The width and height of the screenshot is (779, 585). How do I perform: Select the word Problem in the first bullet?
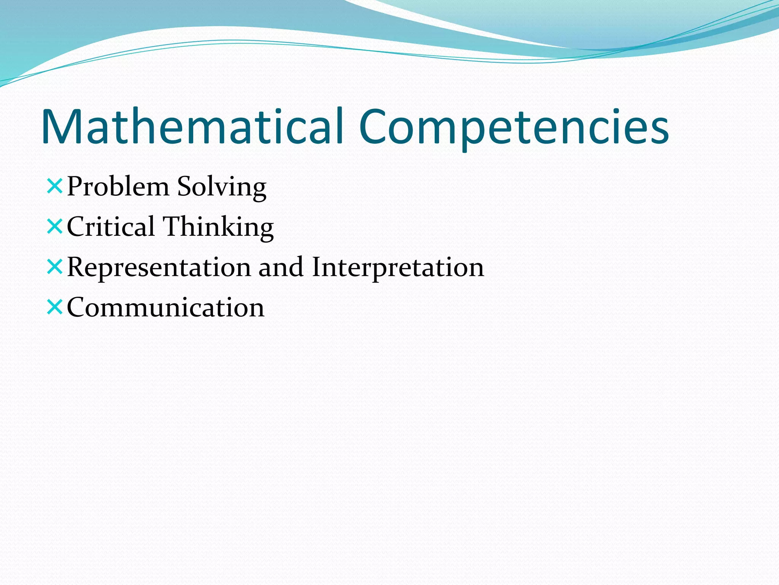point(118,187)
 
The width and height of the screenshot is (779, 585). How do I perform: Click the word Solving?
point(222,187)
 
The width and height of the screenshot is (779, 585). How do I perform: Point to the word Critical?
point(111,227)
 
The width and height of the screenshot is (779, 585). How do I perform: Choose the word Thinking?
point(218,227)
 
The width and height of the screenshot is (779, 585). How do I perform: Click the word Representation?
point(159,267)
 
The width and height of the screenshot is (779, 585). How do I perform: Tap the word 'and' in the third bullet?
point(281,267)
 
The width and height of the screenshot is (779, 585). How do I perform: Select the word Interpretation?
point(398,267)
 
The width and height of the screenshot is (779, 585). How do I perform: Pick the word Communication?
point(165,307)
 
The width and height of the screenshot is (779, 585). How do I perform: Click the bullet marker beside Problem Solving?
point(55,187)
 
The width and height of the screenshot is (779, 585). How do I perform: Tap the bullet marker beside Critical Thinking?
point(55,227)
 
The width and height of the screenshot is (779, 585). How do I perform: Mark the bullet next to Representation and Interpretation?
point(55,267)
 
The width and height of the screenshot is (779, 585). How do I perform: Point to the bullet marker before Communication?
point(55,307)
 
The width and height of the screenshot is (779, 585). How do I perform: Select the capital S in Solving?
point(186,187)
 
